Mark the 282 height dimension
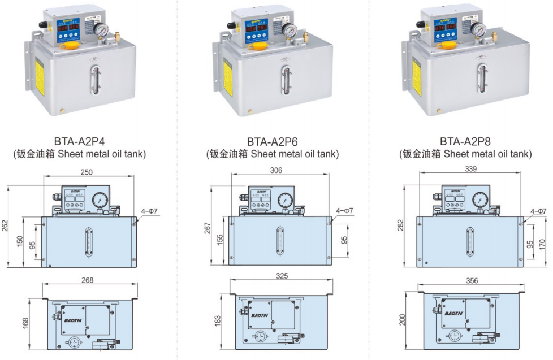[x=400, y=224]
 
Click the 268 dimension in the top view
[x=87, y=280]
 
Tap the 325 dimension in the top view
[x=282, y=276]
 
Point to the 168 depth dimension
[x=25, y=323]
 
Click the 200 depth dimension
[x=403, y=320]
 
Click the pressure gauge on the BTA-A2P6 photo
[x=289, y=31]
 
